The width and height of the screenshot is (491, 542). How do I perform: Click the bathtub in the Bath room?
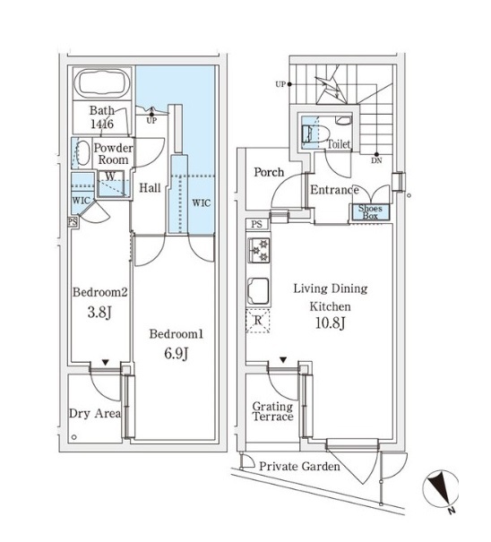point(102,83)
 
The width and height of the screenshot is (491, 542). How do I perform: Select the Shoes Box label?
point(370,212)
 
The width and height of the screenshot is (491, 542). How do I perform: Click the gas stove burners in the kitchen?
point(259,251)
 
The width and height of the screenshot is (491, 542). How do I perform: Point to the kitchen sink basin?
point(258,290)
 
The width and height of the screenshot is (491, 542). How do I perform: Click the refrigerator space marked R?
point(258,321)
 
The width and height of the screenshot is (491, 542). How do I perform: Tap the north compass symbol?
point(441,489)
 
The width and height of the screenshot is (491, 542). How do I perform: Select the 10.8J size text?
point(331,323)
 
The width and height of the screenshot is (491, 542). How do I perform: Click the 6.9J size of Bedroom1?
point(176,353)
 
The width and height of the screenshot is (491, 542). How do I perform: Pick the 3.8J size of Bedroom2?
point(99,313)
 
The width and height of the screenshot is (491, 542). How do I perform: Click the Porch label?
point(269,172)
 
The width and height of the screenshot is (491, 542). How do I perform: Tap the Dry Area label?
point(95,413)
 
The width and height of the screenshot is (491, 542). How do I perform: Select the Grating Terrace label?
point(272,411)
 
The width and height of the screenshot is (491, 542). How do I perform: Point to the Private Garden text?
point(299,467)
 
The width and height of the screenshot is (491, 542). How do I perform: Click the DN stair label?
point(376,160)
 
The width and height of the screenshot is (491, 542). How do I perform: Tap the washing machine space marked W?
point(110,176)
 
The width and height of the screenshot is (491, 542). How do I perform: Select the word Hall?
point(150,188)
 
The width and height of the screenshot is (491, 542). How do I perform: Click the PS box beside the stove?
point(257,224)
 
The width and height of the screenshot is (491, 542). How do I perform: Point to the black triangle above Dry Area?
point(106,362)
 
